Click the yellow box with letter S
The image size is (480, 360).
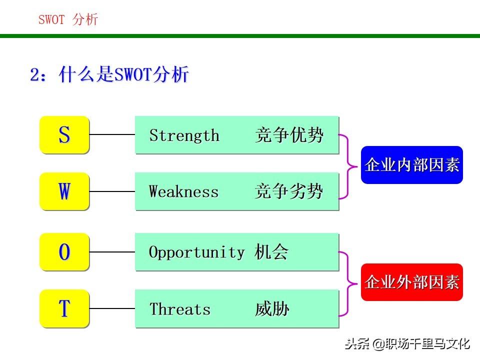pyautogui.click(x=64, y=134)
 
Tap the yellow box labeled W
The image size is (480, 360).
pyautogui.click(x=64, y=191)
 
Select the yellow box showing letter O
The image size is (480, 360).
pyautogui.click(x=64, y=252)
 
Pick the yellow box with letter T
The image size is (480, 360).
pyautogui.click(x=64, y=308)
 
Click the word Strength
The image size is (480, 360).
pyautogui.click(x=184, y=135)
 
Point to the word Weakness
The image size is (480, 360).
pyautogui.click(x=184, y=192)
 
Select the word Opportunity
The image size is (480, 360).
pyautogui.click(x=197, y=252)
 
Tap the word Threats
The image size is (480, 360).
pyautogui.click(x=180, y=309)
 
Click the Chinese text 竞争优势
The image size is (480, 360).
pyautogui.click(x=289, y=135)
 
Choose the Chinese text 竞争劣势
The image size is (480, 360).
pyautogui.click(x=289, y=192)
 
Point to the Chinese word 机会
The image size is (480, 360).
pyautogui.click(x=271, y=252)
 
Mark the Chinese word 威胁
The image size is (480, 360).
pyautogui.click(x=272, y=309)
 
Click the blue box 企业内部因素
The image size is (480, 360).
pyautogui.click(x=412, y=165)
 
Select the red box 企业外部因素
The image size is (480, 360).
pyautogui.click(x=412, y=282)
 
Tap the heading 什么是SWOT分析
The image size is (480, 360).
pyautogui.click(x=123, y=75)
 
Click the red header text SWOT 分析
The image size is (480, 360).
pyautogui.click(x=68, y=19)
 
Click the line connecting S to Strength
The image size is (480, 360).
pyautogui.click(x=112, y=134)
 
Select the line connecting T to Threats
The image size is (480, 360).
pyautogui.click(x=112, y=308)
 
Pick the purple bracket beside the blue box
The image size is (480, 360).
pyautogui.click(x=348, y=165)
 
